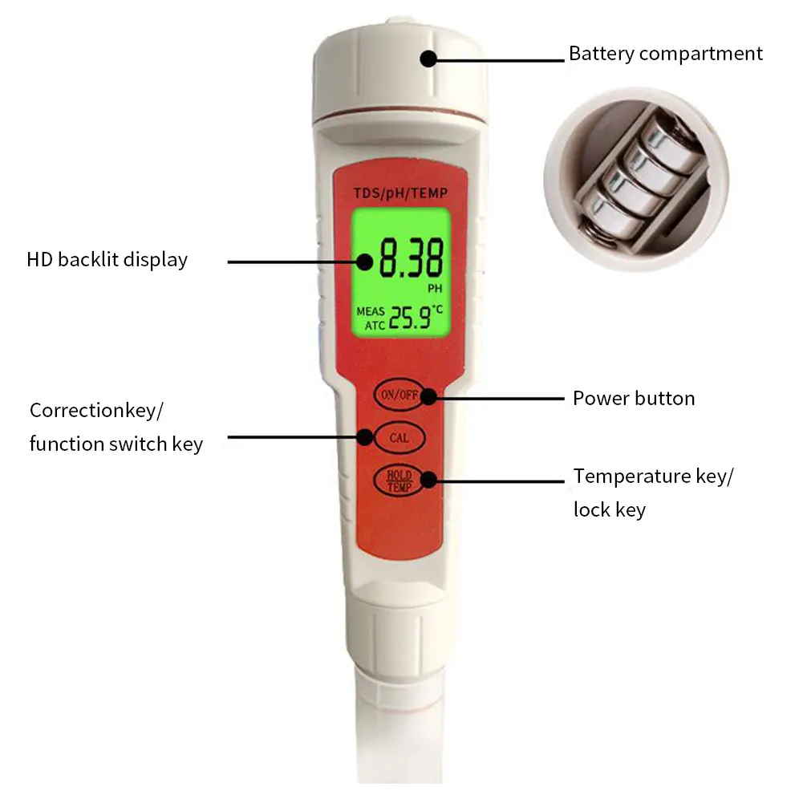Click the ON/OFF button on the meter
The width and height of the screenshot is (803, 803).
click(399, 394)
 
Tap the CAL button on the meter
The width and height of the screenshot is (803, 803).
click(399, 438)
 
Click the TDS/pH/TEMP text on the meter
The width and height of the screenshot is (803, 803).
click(401, 193)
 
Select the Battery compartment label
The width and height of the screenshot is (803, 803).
click(666, 54)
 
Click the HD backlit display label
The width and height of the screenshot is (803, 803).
click(107, 260)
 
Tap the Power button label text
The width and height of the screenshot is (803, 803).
click(634, 398)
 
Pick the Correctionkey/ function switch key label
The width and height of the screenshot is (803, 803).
click(116, 427)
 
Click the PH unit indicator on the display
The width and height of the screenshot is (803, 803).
click(434, 286)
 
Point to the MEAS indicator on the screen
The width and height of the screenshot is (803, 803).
click(371, 311)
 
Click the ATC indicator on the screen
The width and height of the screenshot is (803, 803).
click(374, 325)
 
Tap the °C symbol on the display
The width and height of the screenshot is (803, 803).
click(438, 309)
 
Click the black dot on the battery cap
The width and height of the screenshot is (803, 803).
click(428, 58)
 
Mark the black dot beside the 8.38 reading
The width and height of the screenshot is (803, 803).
click(366, 261)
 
